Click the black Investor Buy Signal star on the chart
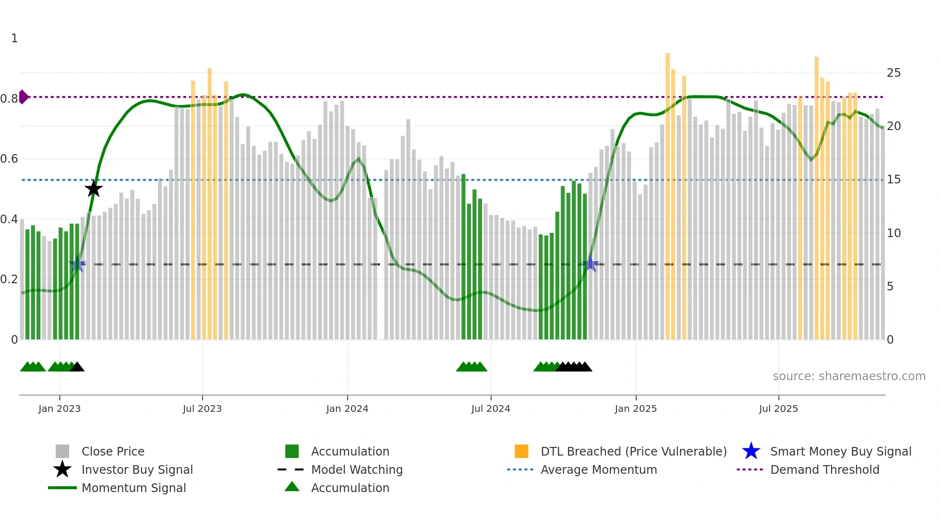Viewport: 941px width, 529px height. [x=94, y=189]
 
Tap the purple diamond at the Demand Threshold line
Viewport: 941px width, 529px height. [x=24, y=97]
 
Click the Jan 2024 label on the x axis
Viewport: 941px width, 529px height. [x=347, y=409]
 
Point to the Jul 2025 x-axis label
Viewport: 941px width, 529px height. [x=778, y=409]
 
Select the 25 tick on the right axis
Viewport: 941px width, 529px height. [x=893, y=73]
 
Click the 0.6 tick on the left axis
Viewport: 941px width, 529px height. [x=9, y=159]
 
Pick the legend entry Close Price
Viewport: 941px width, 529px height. [x=113, y=451]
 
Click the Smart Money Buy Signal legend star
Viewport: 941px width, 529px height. [x=751, y=451]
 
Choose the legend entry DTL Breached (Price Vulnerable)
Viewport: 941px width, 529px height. [x=633, y=451]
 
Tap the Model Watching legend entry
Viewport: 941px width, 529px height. [x=357, y=469]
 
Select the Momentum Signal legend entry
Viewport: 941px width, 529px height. [x=133, y=488]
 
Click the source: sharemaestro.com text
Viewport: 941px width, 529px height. [x=849, y=376]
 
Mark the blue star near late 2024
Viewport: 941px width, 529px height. [x=591, y=264]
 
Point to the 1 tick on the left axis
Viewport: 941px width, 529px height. [x=14, y=38]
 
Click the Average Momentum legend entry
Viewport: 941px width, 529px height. [x=599, y=469]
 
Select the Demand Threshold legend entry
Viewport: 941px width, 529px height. [x=824, y=469]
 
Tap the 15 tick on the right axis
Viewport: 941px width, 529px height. [x=893, y=180]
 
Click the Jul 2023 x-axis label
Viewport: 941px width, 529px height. [x=202, y=409]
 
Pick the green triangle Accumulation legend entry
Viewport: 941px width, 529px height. [x=350, y=488]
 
